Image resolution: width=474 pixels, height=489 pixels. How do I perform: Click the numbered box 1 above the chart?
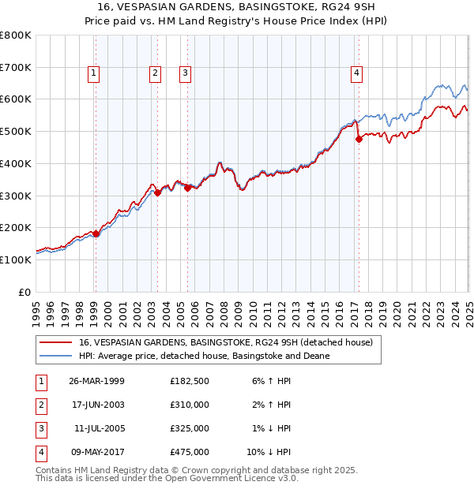coord(93,73)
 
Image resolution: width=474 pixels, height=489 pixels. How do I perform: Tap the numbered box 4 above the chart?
coord(357,73)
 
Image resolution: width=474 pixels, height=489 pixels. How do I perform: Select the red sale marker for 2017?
coord(359,140)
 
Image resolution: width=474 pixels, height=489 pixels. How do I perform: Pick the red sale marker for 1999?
coord(96,233)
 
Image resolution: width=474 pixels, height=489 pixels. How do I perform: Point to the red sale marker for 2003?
coord(157,192)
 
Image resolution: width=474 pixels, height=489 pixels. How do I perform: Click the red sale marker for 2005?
coord(187,188)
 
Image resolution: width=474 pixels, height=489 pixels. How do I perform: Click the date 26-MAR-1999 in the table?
coord(96,381)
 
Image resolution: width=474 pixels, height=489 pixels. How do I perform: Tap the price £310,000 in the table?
coord(190,405)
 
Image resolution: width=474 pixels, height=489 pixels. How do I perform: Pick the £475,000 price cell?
coord(190,452)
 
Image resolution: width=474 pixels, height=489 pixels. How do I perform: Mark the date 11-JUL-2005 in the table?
coord(98,428)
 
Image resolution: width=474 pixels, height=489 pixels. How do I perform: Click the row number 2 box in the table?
coord(39,405)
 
